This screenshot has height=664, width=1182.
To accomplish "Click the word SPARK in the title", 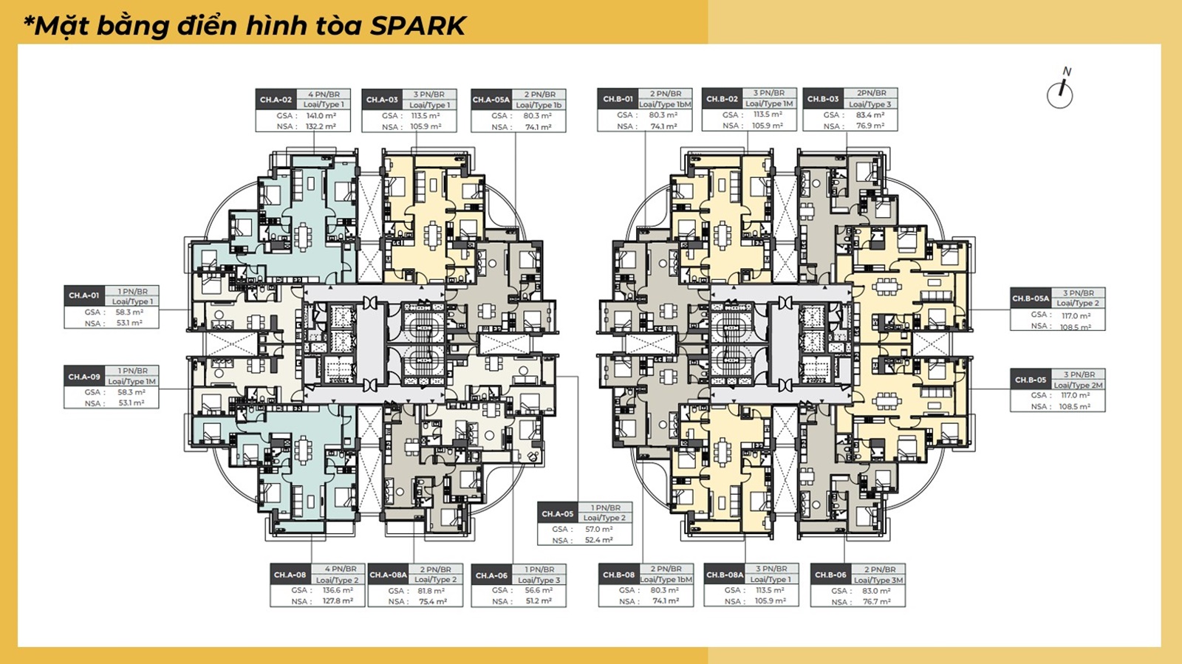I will point(417,26).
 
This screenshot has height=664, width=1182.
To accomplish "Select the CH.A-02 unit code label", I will point(276,100).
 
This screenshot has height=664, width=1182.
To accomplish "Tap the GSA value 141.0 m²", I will point(321,116).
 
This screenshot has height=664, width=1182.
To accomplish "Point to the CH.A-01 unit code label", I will point(83,295).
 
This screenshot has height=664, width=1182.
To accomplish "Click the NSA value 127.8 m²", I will point(338,601).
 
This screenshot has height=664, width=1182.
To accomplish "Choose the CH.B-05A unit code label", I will point(1031,298).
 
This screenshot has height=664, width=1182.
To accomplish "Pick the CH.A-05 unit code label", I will point(557,513).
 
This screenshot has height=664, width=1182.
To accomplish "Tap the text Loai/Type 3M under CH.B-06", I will point(878,580).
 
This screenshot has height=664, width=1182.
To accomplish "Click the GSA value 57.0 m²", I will point(598,529).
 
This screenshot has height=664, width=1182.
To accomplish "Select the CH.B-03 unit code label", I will point(823,99).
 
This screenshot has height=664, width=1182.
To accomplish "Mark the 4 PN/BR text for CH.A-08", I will point(341,569).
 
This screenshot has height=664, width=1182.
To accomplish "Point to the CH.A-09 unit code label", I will point(83,377).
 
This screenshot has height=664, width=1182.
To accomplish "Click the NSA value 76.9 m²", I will point(870,126).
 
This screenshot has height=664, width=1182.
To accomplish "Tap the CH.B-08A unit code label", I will point(725,575).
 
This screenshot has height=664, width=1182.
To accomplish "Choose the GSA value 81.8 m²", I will point(431,591).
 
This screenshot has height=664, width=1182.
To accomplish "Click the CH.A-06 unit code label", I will point(491,575).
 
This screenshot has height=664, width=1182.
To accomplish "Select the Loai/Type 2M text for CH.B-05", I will point(1078,385).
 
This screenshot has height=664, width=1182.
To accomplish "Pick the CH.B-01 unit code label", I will point(618,99).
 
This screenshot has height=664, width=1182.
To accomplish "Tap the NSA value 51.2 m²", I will point(539,601).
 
